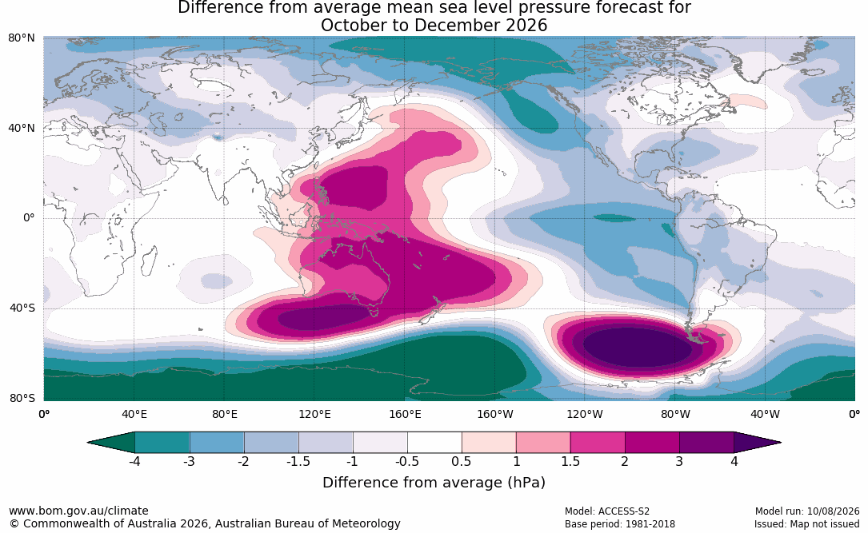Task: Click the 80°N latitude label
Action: [x=22, y=38]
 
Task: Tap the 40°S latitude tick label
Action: [x=22, y=308]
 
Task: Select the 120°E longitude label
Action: [x=314, y=414]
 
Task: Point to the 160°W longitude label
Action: [x=495, y=414]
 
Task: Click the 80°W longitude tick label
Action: [x=675, y=414]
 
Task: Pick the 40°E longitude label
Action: [x=134, y=414]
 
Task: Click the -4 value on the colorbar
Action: [x=134, y=461]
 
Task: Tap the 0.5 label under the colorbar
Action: [x=462, y=461]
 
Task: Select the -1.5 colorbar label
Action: [x=298, y=461]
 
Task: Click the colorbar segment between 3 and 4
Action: [x=707, y=443]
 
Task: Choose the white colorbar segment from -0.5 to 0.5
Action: [x=434, y=443]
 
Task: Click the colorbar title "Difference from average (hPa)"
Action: [x=434, y=482]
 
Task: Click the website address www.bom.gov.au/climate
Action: [x=78, y=511]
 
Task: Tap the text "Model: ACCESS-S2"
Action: [x=607, y=511]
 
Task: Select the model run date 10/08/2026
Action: [x=833, y=511]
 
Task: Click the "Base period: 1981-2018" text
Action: [x=620, y=523]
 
